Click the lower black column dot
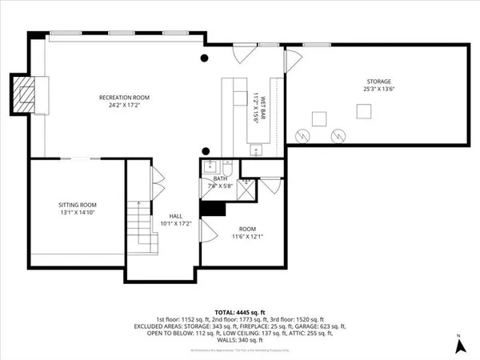pos(206,150)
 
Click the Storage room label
pos(378,82)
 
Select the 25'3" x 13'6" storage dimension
pos(378,90)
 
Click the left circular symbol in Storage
pos(302,134)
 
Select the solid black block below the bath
pos(212,208)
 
